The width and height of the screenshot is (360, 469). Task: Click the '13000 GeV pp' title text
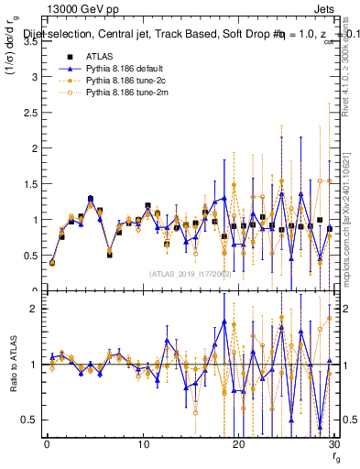[71, 8]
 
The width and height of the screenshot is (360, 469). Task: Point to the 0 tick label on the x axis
[47, 444]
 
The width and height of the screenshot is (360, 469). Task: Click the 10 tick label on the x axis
[143, 444]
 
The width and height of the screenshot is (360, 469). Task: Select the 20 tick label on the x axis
[239, 444]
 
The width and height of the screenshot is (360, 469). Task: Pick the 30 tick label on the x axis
[334, 444]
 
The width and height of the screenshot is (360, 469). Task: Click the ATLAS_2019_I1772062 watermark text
[190, 273]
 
